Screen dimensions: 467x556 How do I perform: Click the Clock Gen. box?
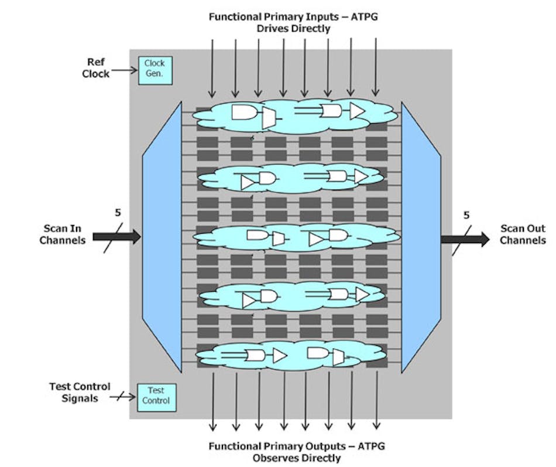pos(155,70)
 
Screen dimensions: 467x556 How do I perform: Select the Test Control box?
pos(156,396)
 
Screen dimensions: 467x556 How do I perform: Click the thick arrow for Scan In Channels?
pos(117,237)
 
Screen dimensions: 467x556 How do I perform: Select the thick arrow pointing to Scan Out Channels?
pos(465,239)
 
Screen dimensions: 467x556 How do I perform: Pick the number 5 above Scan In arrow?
pos(118,213)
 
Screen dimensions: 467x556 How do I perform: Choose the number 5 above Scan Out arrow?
pos(466,215)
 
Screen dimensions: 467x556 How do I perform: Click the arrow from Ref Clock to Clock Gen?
pos(123,71)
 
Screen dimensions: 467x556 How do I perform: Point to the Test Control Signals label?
pos(81,392)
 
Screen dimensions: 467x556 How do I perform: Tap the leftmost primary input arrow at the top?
pos(212,67)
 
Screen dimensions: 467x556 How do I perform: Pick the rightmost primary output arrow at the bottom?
pos(376,401)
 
